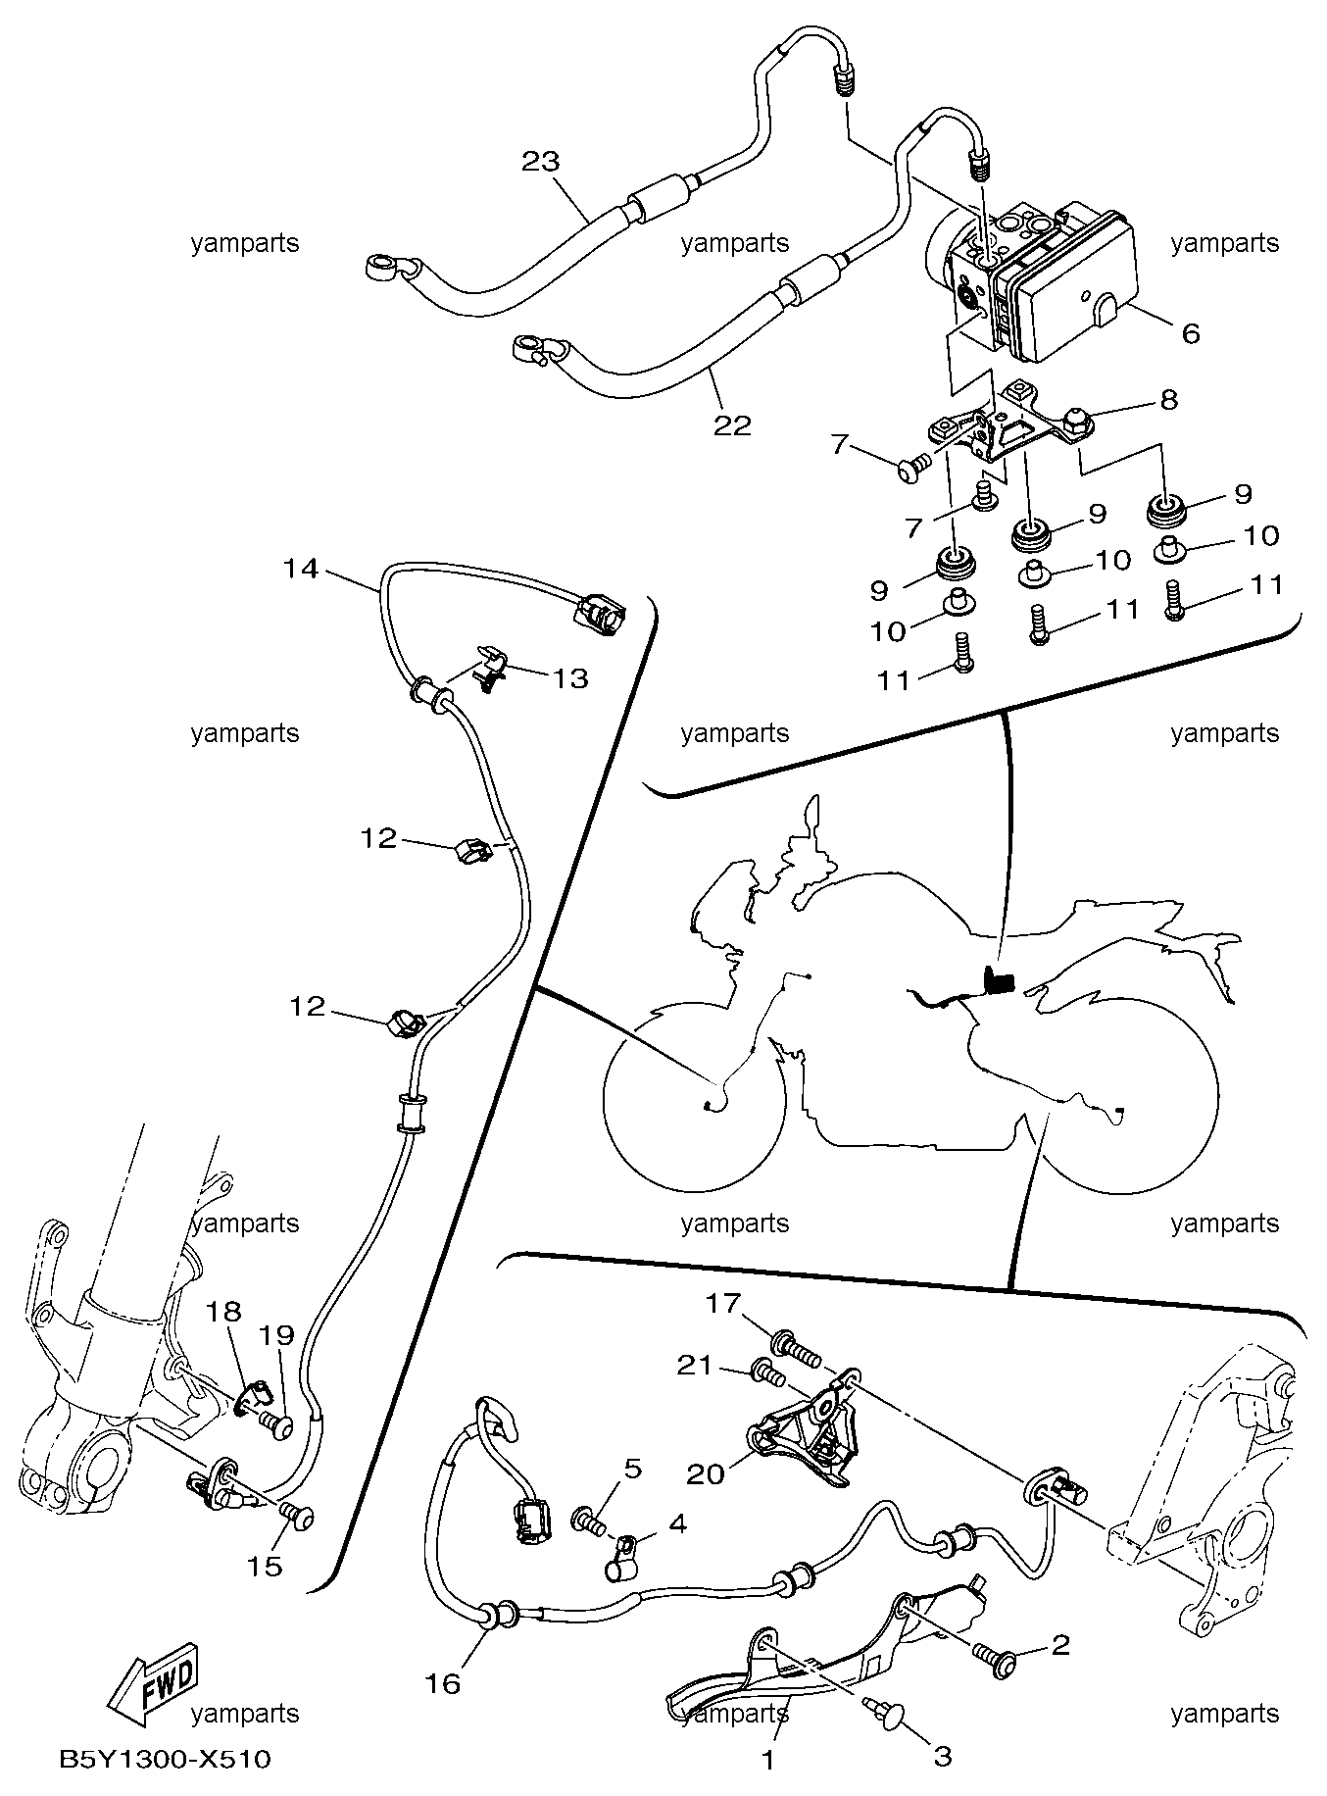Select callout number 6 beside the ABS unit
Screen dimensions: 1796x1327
pyautogui.click(x=1190, y=333)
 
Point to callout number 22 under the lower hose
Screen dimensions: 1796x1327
pyautogui.click(x=732, y=424)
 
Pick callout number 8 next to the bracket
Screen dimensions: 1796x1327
pyautogui.click(x=1168, y=399)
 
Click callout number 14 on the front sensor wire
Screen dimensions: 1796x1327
pyautogui.click(x=301, y=568)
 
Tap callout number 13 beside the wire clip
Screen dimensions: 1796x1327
pyautogui.click(x=571, y=677)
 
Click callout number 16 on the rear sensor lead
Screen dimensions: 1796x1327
pyautogui.click(x=443, y=1683)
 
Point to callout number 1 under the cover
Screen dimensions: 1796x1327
pyautogui.click(x=768, y=1760)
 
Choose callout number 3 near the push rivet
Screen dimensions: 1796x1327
pyautogui.click(x=942, y=1756)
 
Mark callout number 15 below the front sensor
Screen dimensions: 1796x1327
pyautogui.click(x=265, y=1566)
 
